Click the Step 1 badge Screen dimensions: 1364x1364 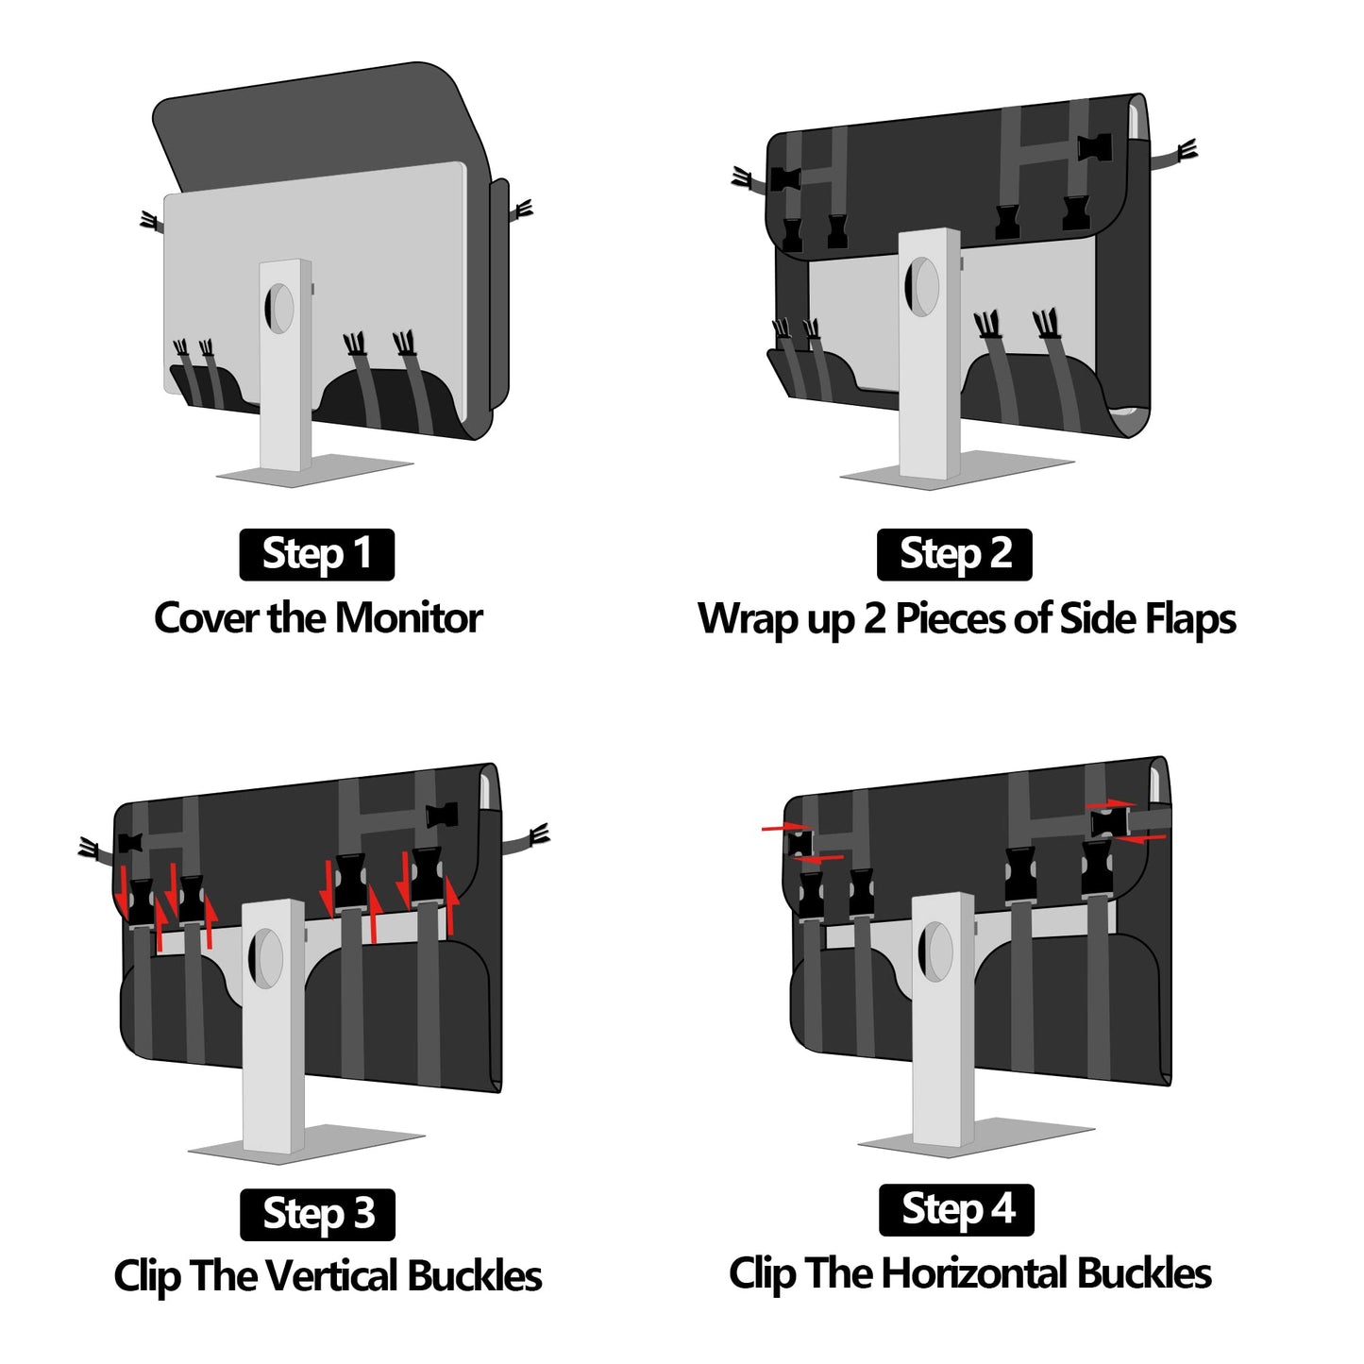point(316,554)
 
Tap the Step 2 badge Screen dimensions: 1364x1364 point(954,554)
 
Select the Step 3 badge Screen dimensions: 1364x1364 point(317,1215)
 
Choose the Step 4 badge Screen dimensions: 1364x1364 point(956,1210)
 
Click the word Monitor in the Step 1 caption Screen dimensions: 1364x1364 point(409,618)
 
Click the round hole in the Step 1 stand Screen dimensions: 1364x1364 point(278,309)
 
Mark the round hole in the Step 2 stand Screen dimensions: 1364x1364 point(921,287)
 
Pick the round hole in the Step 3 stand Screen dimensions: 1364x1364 point(265,958)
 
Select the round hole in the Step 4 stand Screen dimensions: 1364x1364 point(935,952)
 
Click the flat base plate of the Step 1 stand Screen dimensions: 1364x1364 point(315,470)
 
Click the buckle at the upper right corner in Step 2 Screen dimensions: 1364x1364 point(1094,148)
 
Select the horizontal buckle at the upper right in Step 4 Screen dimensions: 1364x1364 point(1109,822)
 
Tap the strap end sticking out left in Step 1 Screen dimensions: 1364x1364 point(151,222)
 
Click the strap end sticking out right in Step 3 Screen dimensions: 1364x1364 point(528,839)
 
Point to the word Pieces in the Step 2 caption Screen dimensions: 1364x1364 point(951,618)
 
